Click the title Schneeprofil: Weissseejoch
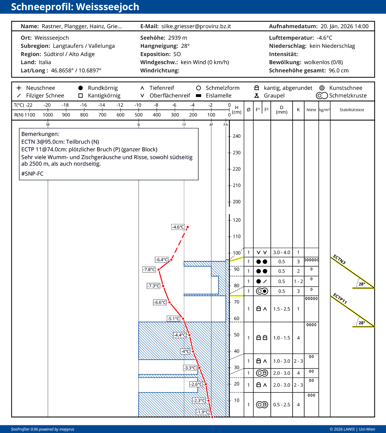coord(75,7)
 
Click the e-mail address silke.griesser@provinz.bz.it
coord(196,26)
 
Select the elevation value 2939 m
coord(178,38)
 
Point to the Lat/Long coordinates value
coord(76,70)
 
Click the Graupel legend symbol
coord(256,96)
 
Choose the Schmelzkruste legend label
coord(348,96)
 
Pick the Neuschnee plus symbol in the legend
coord(19,88)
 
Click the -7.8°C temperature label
coord(149,270)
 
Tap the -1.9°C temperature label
coord(203,412)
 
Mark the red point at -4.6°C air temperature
coord(188,227)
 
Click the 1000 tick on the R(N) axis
coord(48,115)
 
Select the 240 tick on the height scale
coord(236,136)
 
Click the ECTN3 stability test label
coord(339,259)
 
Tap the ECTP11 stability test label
coord(339,298)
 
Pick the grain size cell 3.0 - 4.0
coord(282,252)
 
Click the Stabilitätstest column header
coord(352,110)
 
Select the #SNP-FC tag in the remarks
coord(32,174)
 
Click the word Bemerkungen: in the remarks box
coord(40,134)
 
